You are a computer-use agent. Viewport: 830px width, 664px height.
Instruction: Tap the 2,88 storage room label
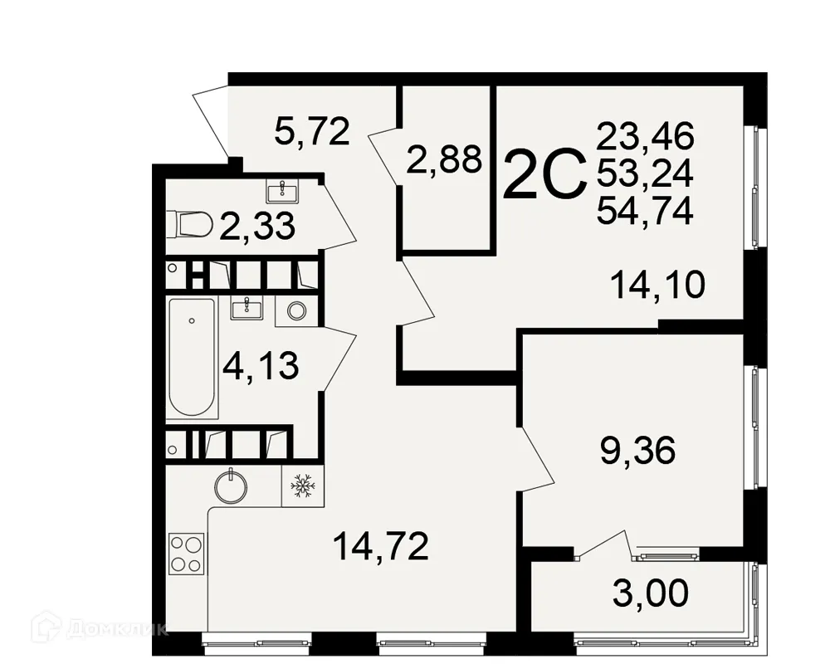444,160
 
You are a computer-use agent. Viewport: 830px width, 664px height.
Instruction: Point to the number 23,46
645,134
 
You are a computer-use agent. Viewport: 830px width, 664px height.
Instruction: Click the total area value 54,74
645,213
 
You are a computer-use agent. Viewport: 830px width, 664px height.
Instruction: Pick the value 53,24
645,173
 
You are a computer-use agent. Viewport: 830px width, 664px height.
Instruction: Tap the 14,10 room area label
657,286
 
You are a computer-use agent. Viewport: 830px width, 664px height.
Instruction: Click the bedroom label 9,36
637,452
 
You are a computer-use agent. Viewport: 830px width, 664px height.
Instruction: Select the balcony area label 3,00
650,593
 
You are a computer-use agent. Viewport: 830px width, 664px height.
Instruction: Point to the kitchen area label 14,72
380,546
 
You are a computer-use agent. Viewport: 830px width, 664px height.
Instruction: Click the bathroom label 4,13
261,365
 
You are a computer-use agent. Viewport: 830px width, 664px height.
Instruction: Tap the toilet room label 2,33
257,226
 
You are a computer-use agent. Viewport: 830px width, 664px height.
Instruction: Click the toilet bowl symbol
189,224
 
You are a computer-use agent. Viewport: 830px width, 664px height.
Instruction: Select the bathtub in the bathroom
193,358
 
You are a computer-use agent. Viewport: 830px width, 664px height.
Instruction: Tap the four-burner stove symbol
186,553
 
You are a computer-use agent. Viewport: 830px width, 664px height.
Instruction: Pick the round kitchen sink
231,486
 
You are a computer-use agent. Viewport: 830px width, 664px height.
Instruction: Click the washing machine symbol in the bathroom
296,310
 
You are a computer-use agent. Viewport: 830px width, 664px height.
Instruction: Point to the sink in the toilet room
284,190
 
